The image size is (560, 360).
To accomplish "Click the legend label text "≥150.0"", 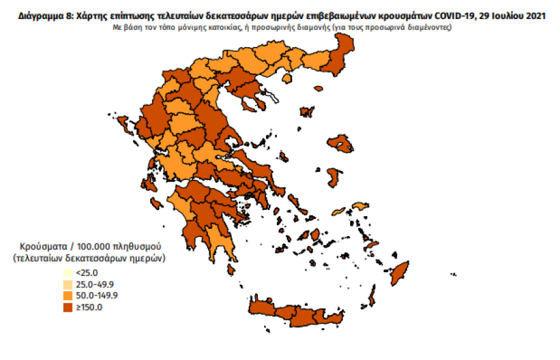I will pyautogui.click(x=88, y=307).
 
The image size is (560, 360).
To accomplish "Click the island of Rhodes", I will pyautogui.click(x=399, y=273).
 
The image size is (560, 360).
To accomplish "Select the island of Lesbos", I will pyautogui.click(x=340, y=145).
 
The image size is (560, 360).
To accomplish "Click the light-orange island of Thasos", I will pyautogui.click(x=286, y=78).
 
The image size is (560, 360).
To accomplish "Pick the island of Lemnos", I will pyautogui.click(x=307, y=113).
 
